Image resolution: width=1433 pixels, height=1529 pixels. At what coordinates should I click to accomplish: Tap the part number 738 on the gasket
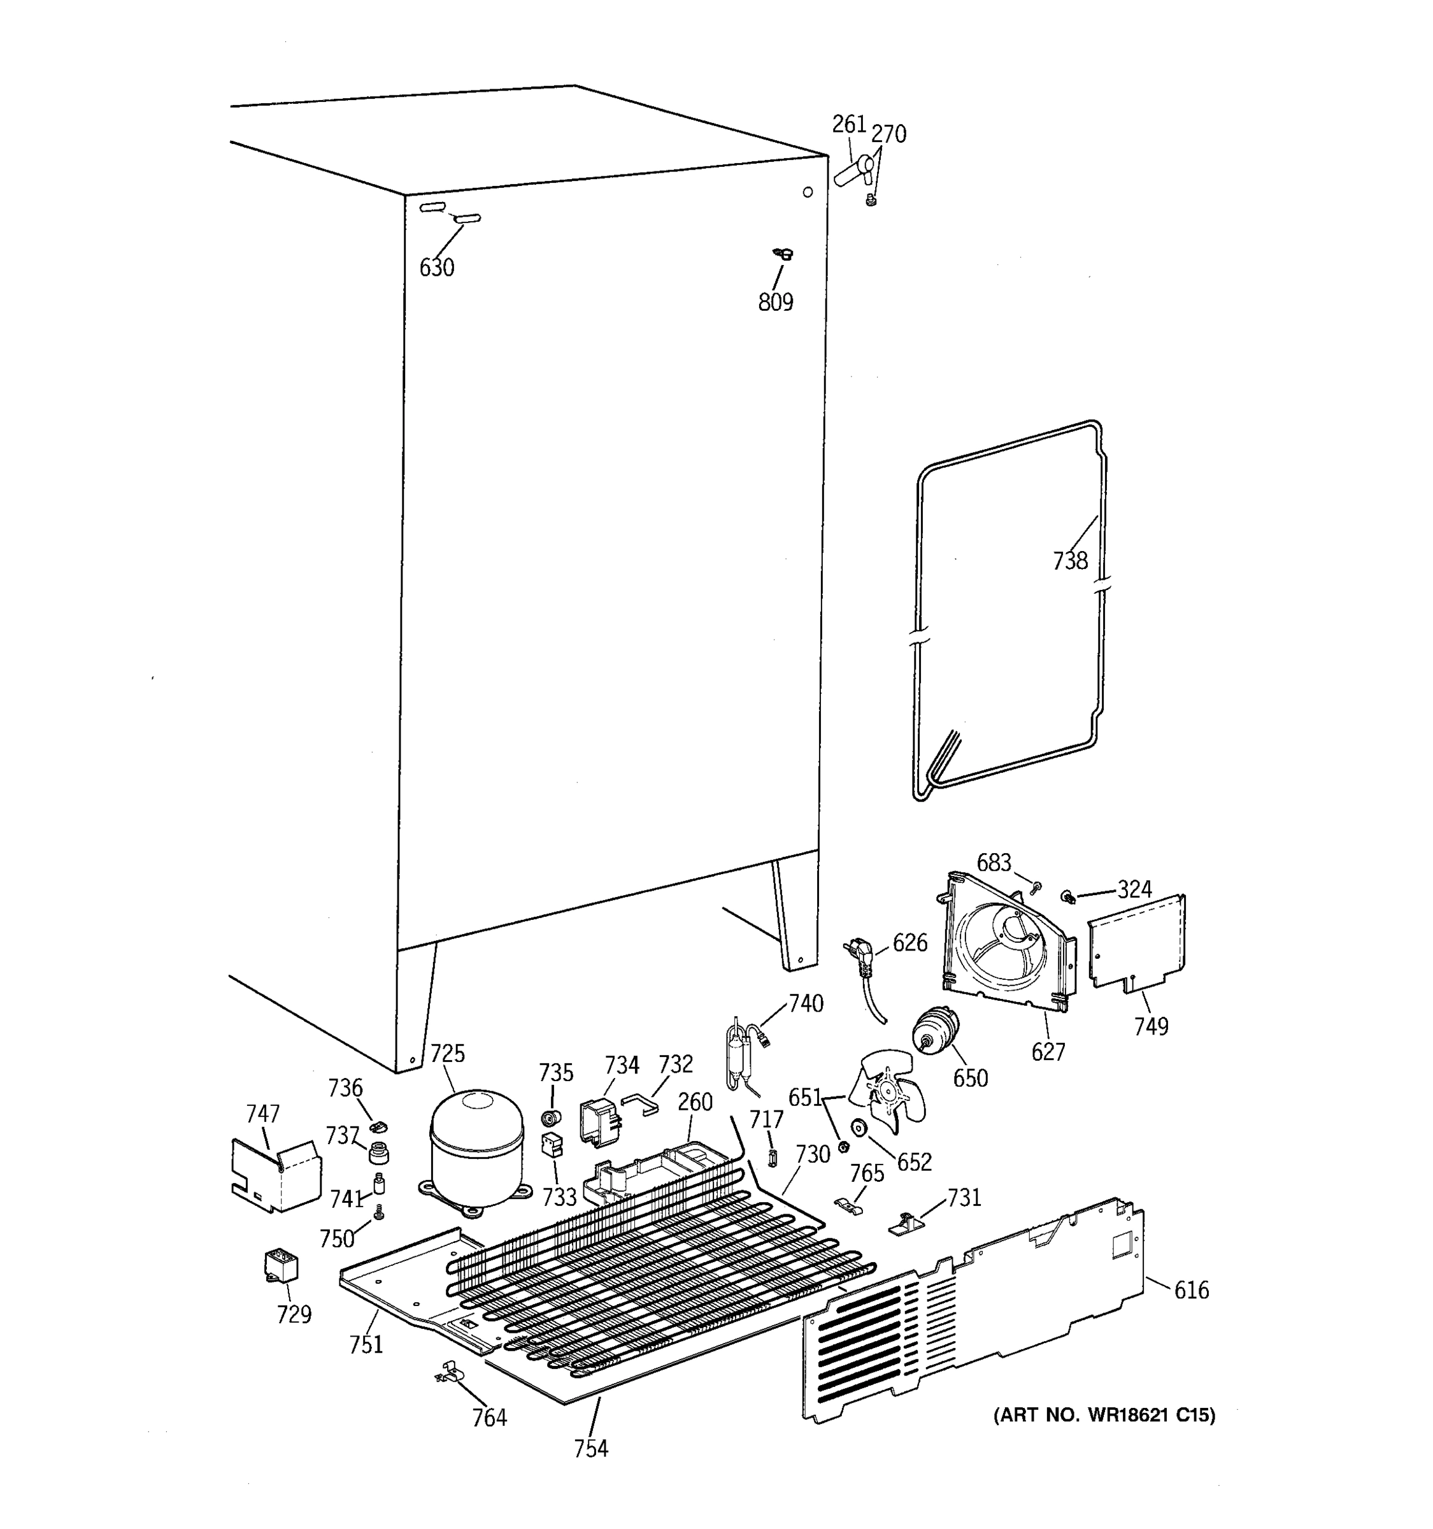(1070, 561)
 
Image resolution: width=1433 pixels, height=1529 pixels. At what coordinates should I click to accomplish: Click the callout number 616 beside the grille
(1191, 1290)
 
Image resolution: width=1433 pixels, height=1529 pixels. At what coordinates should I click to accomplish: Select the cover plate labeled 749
(1136, 944)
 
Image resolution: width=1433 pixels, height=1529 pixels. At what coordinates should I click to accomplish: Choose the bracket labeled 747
(275, 1175)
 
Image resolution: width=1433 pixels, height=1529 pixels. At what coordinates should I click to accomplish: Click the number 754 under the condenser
(590, 1448)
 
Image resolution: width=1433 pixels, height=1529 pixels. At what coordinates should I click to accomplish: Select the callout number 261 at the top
(849, 125)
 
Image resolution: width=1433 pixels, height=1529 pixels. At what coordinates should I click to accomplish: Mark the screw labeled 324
(1068, 896)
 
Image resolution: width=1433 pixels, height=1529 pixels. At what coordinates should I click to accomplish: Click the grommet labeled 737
(378, 1153)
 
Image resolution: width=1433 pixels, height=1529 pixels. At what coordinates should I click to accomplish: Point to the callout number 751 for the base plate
(366, 1344)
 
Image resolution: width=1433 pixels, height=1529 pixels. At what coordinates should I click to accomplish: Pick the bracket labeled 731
(907, 1223)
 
